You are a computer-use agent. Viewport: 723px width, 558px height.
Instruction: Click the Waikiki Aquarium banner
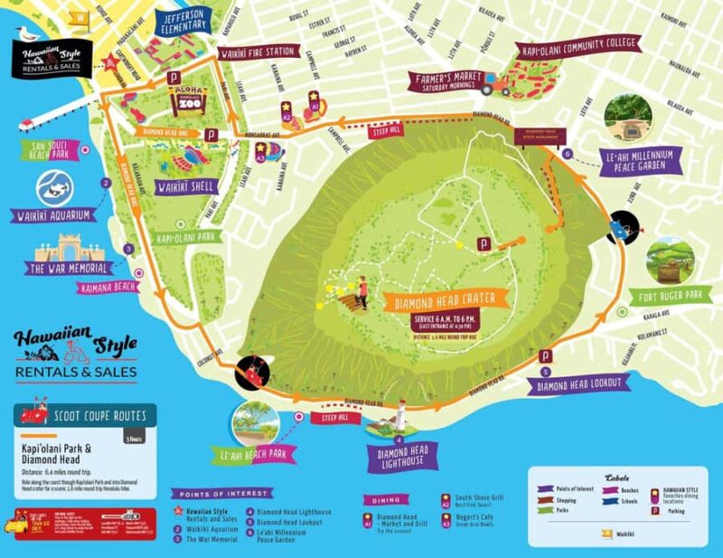pos(52,215)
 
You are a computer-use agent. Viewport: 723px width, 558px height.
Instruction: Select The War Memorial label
pos(70,269)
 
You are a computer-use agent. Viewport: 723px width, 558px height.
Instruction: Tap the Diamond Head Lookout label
pos(578,383)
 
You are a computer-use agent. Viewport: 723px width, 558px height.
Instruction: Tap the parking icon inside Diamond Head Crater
pos(484,243)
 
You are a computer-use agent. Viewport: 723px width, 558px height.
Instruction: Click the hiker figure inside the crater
pos(361,290)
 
